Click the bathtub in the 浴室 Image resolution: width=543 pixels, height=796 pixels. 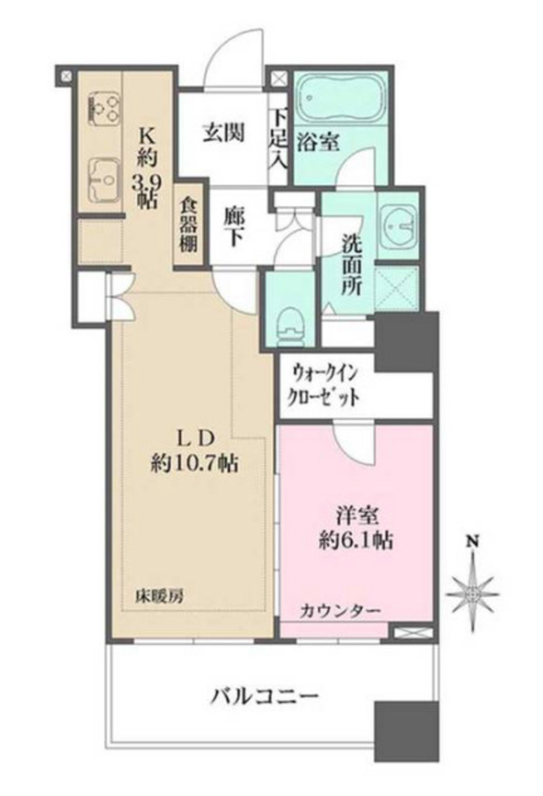341,99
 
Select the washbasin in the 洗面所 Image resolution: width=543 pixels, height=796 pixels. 399,225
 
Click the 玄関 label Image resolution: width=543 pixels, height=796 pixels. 224,133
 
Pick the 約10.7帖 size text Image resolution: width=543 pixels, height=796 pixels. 193,464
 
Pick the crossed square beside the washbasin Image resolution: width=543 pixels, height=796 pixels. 397,288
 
